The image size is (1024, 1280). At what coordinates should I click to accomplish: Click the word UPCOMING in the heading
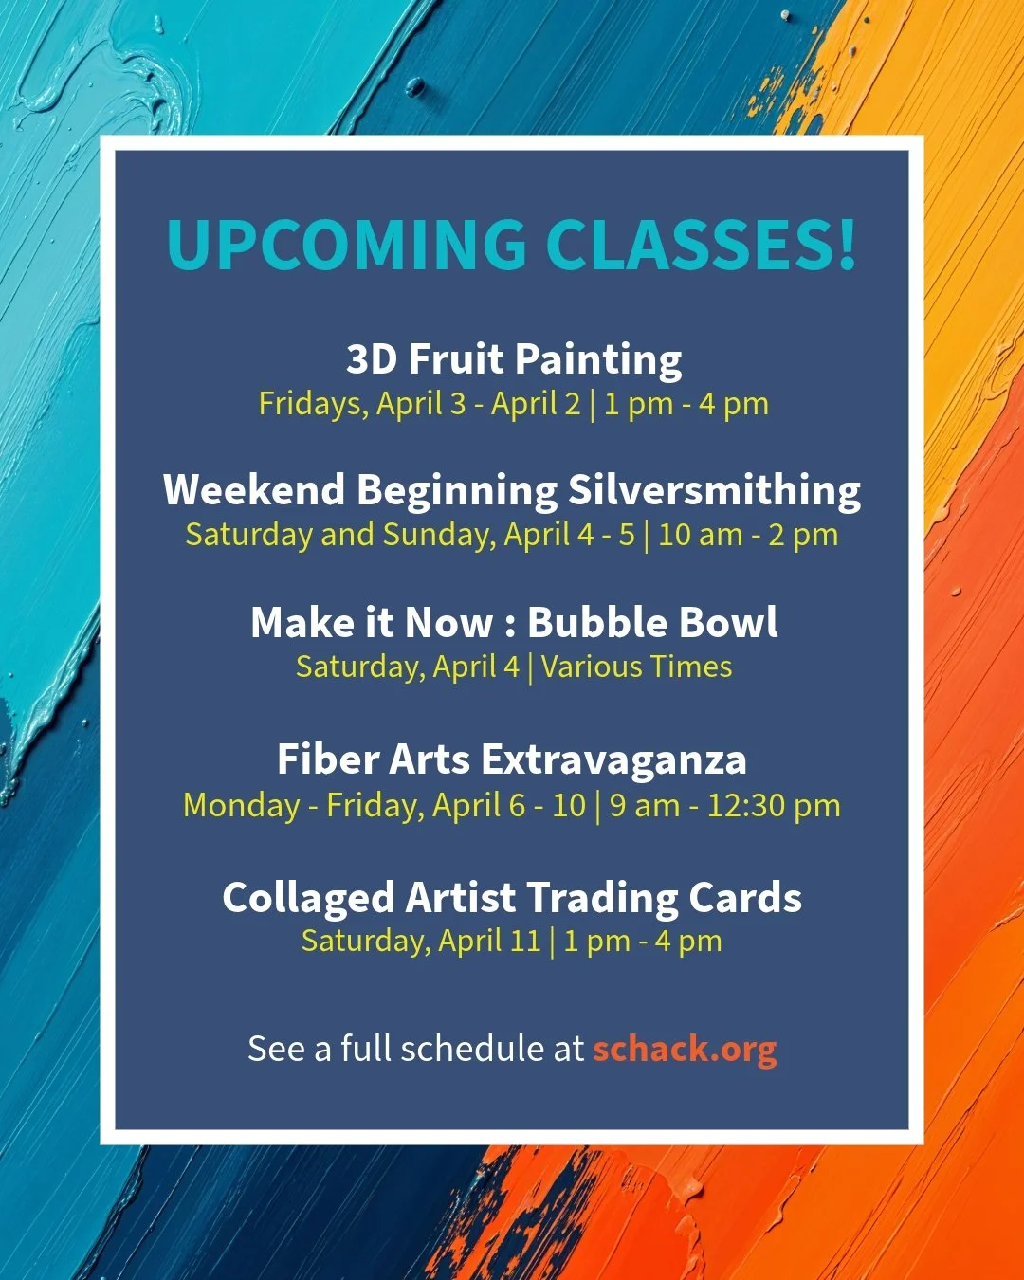[346, 245]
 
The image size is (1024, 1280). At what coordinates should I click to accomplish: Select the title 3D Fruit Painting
[514, 359]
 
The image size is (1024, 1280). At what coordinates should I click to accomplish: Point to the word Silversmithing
[714, 491]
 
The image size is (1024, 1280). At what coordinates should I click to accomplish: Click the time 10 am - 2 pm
[748, 535]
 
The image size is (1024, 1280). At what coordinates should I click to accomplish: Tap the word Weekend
[253, 491]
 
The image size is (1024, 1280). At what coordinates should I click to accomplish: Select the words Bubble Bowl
[652, 623]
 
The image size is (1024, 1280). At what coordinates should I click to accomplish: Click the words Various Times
[636, 667]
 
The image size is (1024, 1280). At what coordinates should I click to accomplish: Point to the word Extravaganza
[613, 759]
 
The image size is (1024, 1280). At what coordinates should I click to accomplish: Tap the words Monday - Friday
[302, 806]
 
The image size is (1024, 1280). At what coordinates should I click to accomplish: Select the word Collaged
[307, 898]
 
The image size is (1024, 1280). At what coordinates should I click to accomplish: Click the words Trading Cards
[664, 898]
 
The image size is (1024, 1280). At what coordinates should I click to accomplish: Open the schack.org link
[685, 1049]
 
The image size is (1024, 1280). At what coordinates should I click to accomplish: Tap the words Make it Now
[371, 623]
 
